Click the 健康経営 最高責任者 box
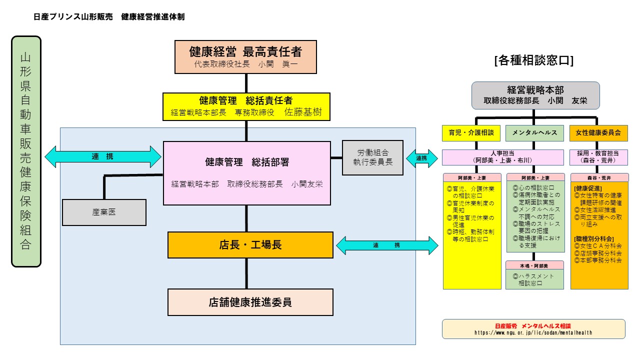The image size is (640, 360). [245, 57]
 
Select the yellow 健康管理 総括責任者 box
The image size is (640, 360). [246, 106]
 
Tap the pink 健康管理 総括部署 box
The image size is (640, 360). [247, 173]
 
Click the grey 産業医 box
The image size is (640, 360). [104, 212]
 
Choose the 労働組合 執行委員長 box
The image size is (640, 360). [372, 157]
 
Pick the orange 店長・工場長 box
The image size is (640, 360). [250, 245]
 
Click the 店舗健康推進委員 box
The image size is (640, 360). [250, 302]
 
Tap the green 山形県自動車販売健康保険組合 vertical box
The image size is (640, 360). [26, 151]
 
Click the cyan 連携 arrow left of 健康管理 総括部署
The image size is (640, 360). [103, 157]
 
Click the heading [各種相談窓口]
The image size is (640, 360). [533, 60]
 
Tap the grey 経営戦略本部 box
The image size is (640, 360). [535, 95]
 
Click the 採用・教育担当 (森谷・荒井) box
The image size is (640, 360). [598, 157]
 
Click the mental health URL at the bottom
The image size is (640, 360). [533, 332]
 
